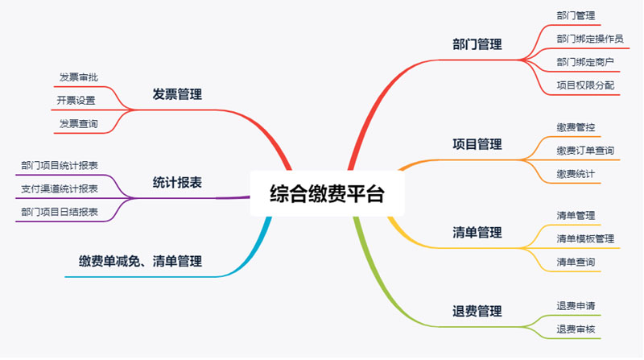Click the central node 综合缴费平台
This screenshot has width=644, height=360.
(327, 194)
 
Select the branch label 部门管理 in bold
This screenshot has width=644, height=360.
(477, 44)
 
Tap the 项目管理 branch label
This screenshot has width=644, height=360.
(477, 144)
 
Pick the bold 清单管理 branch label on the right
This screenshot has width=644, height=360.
(477, 233)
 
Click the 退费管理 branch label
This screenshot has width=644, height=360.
(477, 311)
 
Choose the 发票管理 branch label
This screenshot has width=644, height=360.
(177, 94)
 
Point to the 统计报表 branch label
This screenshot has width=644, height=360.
(177, 183)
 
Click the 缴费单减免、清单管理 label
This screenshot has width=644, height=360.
(140, 261)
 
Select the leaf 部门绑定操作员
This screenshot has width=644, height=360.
(589, 38)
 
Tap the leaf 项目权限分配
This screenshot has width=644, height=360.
(584, 85)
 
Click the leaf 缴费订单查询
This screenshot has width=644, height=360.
(584, 151)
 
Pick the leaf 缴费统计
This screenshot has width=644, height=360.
(575, 174)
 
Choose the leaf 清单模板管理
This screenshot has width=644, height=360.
(584, 239)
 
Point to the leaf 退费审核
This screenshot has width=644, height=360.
(575, 329)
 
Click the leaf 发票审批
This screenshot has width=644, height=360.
(79, 77)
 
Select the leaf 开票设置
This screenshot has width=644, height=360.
(76, 101)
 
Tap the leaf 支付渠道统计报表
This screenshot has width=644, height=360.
(60, 188)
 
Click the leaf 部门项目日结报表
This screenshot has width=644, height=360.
(60, 212)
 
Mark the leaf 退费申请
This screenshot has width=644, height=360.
(575, 306)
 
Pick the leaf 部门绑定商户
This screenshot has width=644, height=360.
(584, 61)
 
